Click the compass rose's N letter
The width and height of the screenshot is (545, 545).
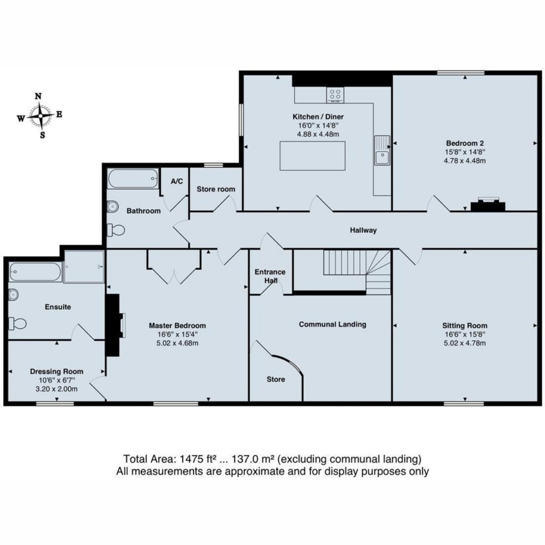[38, 96]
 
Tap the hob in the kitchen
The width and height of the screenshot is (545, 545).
[335, 95]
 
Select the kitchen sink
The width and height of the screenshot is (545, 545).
[382, 150]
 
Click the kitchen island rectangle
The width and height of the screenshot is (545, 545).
[312, 156]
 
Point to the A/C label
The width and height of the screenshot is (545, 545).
[177, 181]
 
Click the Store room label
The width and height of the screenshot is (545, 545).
[216, 189]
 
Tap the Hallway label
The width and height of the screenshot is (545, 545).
[363, 230]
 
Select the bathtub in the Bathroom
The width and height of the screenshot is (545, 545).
[133, 179]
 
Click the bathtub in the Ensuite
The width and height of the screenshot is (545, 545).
[35, 272]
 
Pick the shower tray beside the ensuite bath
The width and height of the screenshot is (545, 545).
[84, 267]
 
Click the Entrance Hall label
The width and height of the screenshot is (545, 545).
[270, 276]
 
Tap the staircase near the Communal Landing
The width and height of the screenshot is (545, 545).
[357, 272]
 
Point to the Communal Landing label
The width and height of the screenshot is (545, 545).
[333, 324]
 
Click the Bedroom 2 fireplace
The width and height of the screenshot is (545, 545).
[488, 204]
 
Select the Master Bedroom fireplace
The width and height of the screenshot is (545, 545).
[114, 325]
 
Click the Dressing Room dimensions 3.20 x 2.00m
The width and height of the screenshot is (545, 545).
[56, 389]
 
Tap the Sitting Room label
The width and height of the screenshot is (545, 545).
[465, 326]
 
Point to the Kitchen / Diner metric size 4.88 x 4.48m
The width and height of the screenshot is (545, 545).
[318, 134]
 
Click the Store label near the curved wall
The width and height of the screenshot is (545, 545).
[276, 379]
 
